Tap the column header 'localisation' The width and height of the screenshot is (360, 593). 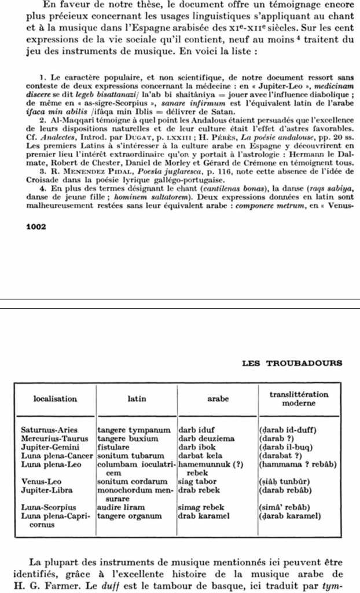pyautogui.click(x=55, y=399)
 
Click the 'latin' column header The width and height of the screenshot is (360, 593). pyautogui.click(x=137, y=399)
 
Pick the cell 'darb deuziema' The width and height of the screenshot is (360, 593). pyautogui.click(x=207, y=439)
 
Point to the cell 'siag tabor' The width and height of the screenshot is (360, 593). pyautogui.click(x=200, y=481)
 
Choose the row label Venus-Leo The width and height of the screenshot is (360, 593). pyautogui.click(x=42, y=481)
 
